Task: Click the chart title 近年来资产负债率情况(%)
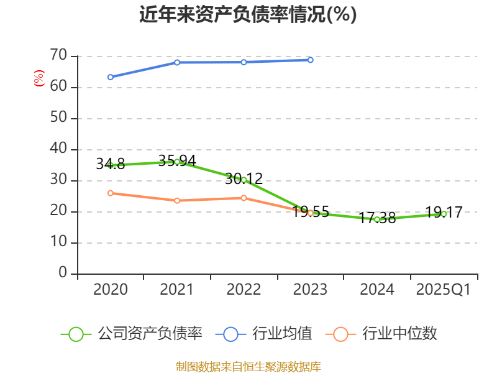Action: click(248, 14)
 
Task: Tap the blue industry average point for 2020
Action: click(110, 77)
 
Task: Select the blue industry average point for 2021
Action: click(177, 62)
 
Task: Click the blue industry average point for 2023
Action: click(311, 60)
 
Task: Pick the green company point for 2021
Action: click(177, 162)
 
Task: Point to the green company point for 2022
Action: click(244, 180)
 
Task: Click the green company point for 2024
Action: click(377, 219)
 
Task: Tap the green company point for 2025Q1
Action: click(444, 214)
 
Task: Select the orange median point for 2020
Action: click(110, 193)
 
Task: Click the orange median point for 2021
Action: click(177, 200)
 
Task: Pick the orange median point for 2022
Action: click(244, 198)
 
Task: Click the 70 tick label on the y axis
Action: click(58, 56)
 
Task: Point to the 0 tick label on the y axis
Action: click(63, 274)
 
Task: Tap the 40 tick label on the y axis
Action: click(58, 149)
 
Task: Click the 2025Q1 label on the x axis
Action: click(444, 290)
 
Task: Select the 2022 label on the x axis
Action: click(244, 290)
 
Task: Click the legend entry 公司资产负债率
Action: click(132, 334)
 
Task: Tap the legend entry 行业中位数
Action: click(382, 334)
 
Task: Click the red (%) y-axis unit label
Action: click(39, 78)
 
